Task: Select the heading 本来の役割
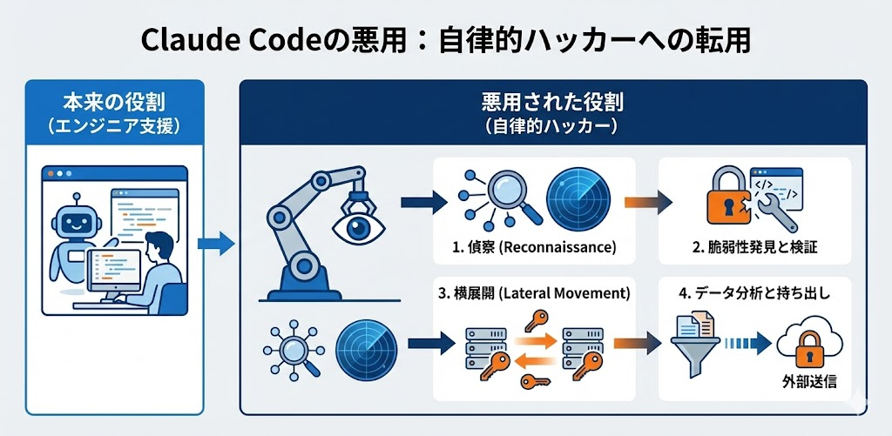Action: (114, 103)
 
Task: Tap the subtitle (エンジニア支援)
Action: (114, 126)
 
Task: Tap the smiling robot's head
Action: (75, 215)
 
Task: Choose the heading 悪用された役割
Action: (552, 103)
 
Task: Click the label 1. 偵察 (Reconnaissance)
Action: (534, 247)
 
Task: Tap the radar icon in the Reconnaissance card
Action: (572, 197)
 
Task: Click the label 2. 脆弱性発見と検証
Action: (755, 247)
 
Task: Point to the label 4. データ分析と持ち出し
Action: (754, 292)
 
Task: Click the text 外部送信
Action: (810, 381)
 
